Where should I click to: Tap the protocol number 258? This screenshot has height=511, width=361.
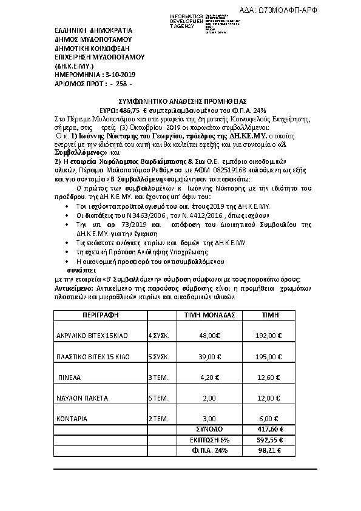coord(120,83)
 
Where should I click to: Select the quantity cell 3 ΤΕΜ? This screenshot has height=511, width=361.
coord(159,377)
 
